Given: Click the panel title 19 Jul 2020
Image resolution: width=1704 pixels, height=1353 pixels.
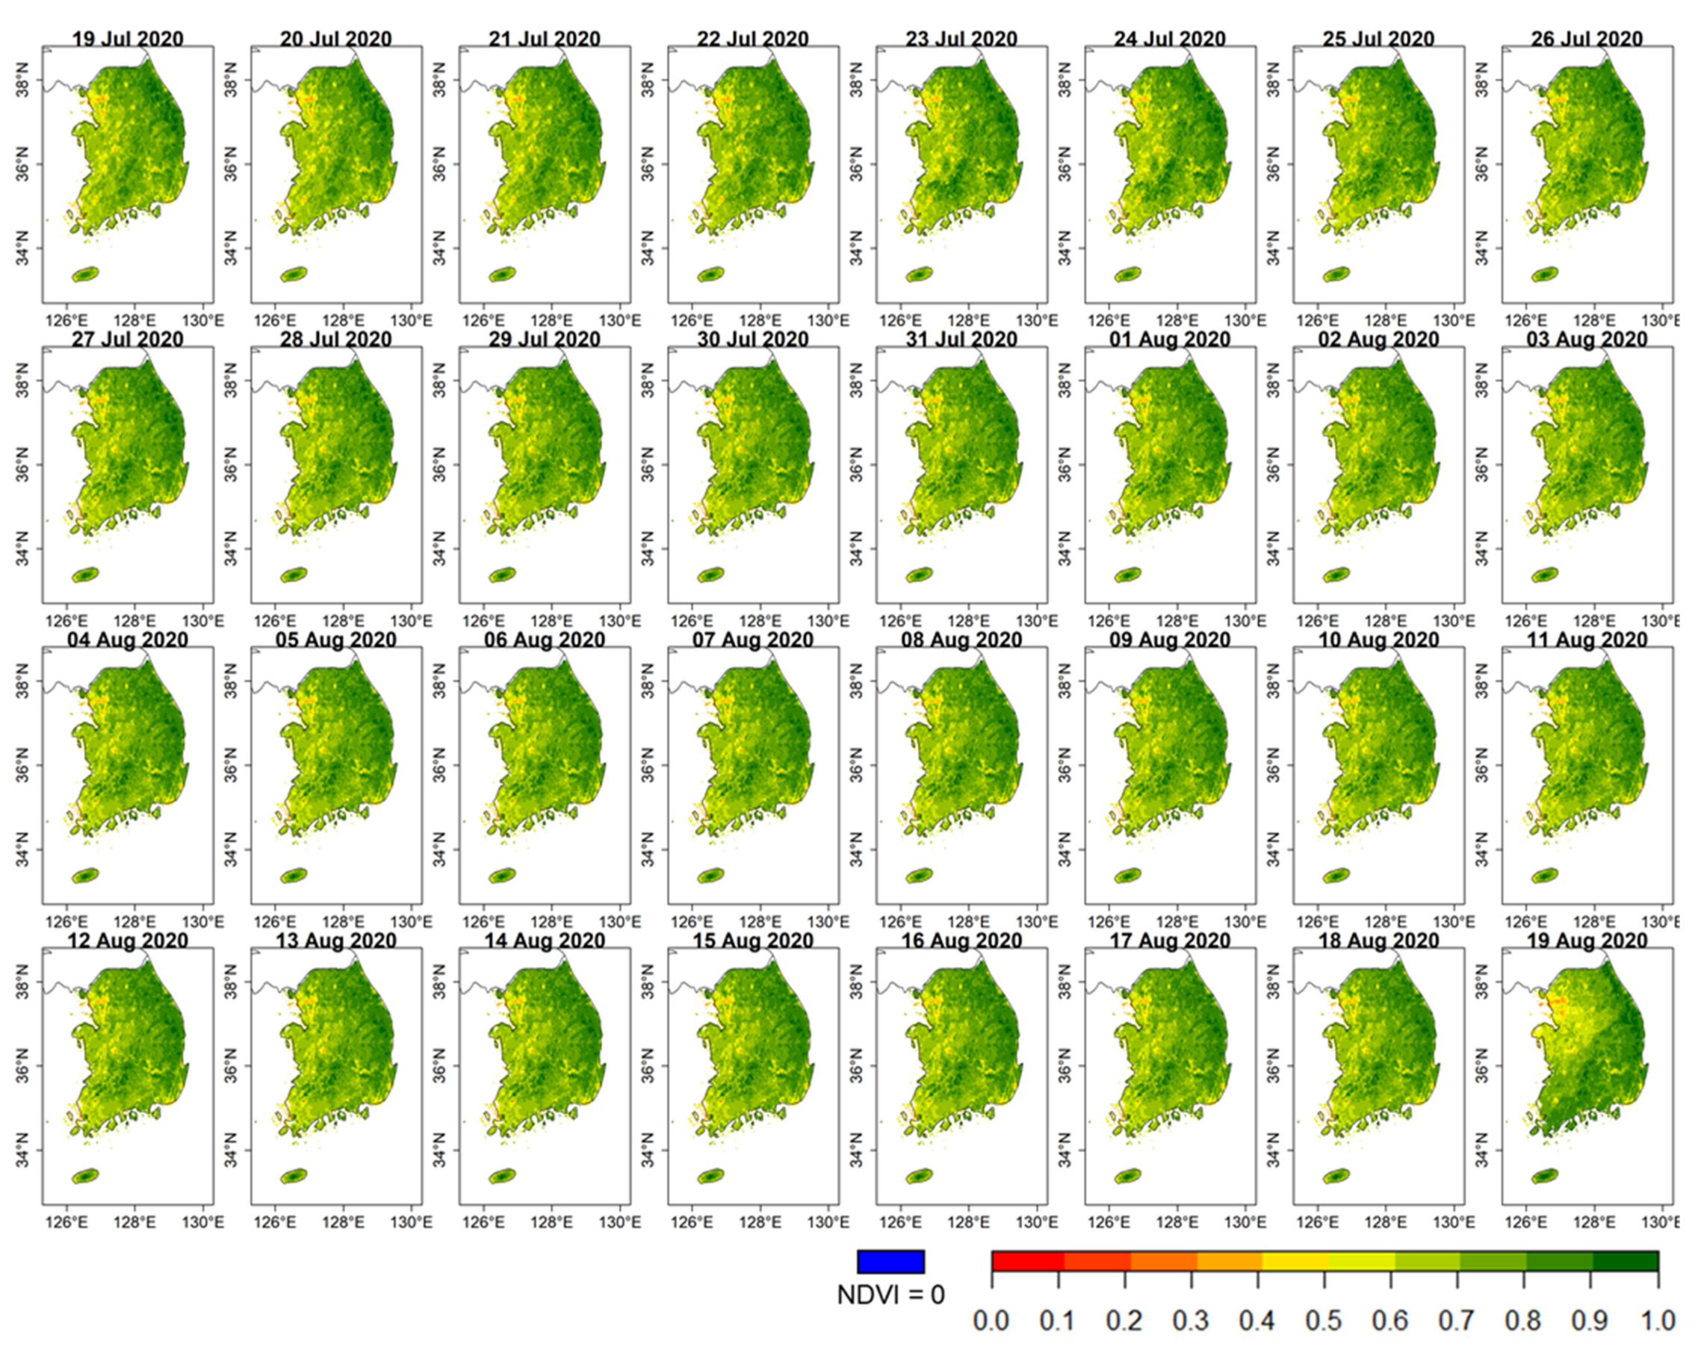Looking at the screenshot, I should tap(127, 38).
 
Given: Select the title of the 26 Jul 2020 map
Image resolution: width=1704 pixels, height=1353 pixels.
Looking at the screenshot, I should tap(1586, 38).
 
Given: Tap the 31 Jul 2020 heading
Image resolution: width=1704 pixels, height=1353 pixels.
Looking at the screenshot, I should tap(961, 339).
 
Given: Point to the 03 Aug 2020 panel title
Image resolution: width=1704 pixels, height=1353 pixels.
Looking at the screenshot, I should tap(1586, 339).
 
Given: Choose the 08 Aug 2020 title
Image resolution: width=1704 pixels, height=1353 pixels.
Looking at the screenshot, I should tap(961, 640).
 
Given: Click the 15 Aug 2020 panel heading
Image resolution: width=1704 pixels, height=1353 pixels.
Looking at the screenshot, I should tap(752, 941).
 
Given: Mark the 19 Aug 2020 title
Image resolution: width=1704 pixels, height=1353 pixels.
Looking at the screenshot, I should tap(1586, 941).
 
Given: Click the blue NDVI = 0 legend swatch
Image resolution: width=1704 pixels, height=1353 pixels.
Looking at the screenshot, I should tap(890, 1261).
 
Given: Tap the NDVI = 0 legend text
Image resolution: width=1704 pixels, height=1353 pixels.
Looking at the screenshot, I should tap(890, 1295).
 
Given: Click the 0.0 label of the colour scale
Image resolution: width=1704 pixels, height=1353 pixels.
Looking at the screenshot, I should tap(991, 1321).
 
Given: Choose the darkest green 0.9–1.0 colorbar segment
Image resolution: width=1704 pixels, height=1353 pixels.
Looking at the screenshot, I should tap(1625, 1260).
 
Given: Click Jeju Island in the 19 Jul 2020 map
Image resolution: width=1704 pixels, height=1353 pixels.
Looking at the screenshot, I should tap(85, 274).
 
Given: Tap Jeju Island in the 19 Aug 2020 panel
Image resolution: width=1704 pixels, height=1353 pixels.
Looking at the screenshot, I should tap(1544, 1176).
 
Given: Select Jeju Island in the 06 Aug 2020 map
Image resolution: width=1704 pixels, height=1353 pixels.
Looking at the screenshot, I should tap(502, 876).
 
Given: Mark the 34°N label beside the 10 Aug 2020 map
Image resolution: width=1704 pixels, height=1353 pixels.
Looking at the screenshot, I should tap(1273, 849).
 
